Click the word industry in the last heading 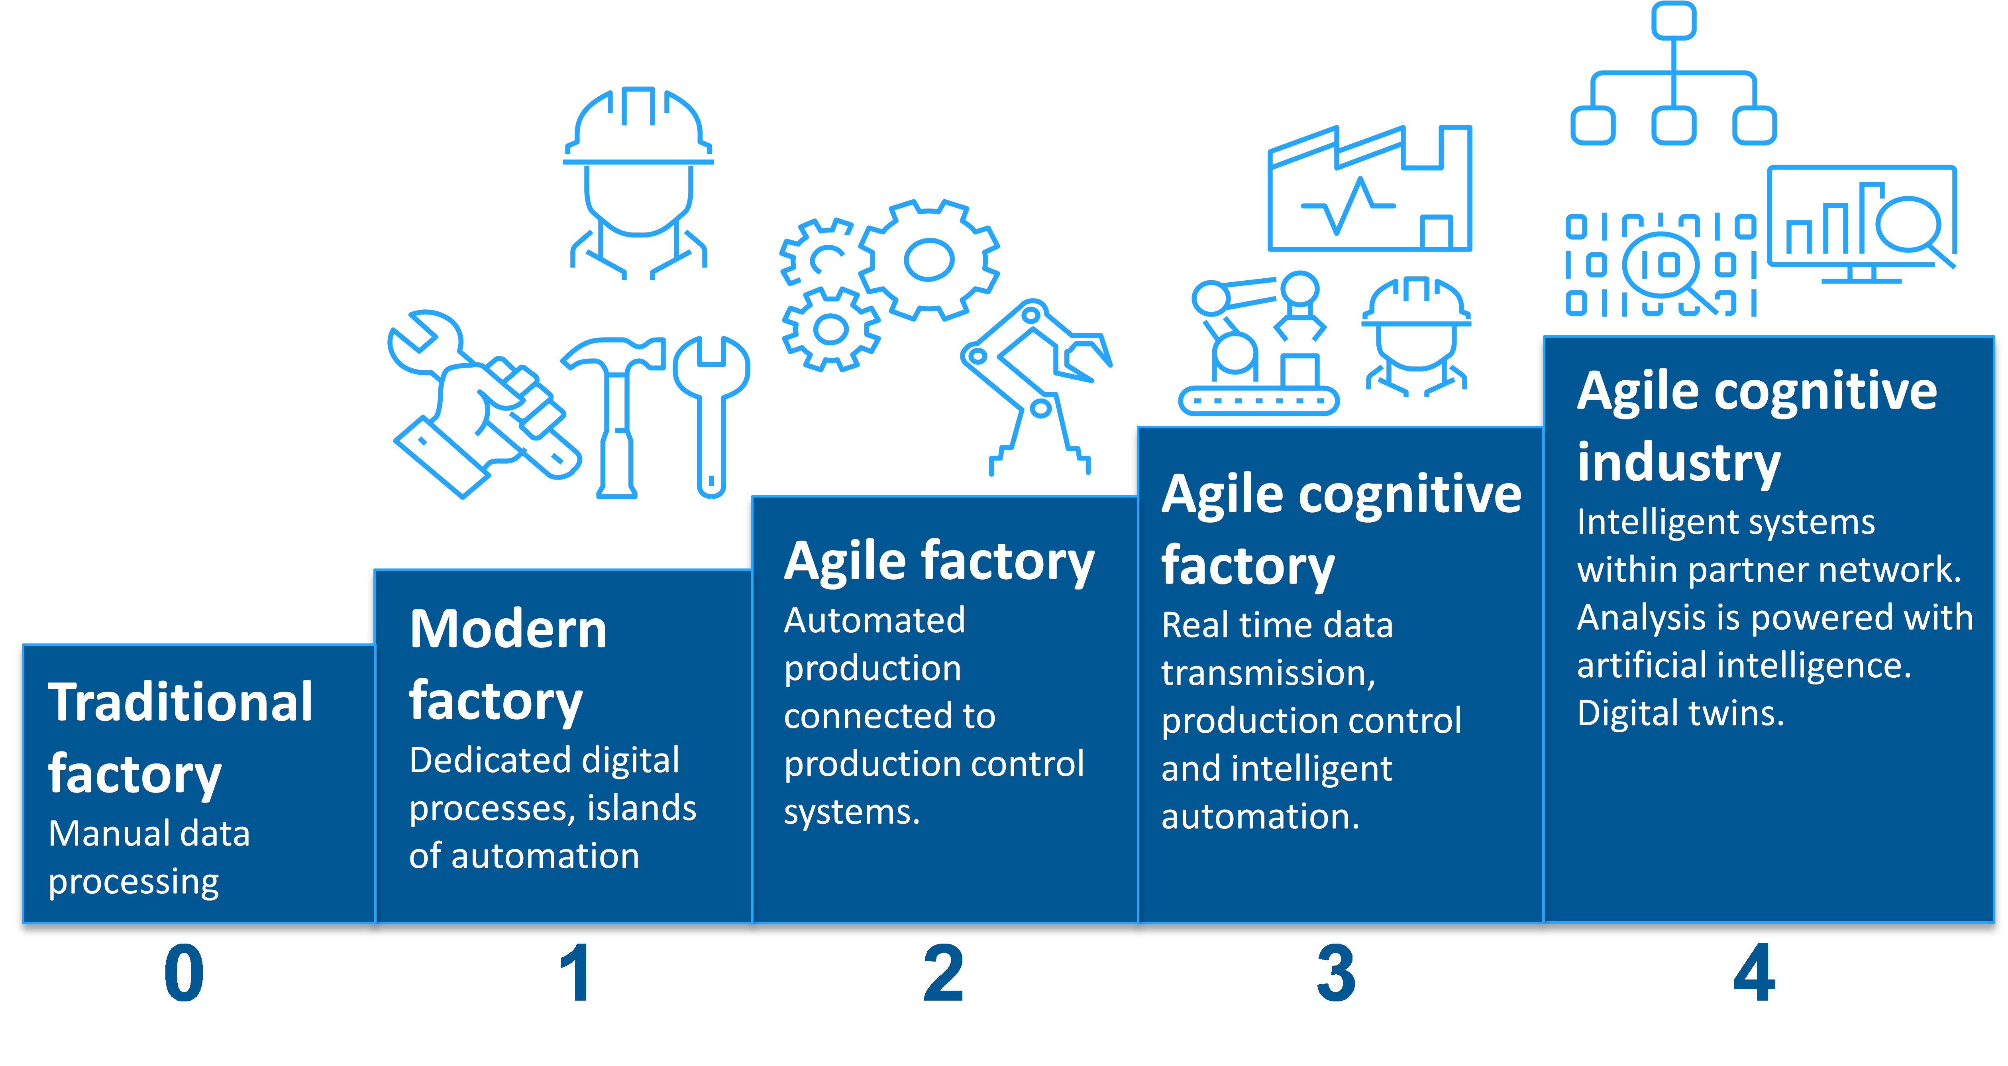[1679, 462]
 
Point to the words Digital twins [1680, 713]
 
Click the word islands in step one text [641, 808]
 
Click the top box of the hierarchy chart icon [1674, 20]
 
